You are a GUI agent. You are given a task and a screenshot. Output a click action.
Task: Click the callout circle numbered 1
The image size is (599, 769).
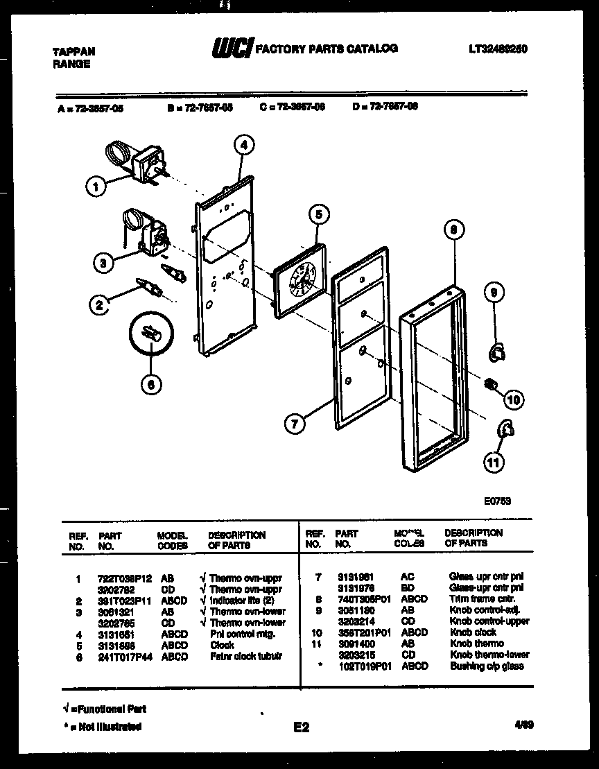(x=96, y=186)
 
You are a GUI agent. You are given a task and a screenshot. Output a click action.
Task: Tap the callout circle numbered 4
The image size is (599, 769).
(x=243, y=145)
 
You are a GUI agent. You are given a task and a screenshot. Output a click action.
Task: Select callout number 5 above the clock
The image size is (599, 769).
(x=318, y=214)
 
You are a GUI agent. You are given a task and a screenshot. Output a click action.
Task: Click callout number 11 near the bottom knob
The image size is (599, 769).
(x=494, y=464)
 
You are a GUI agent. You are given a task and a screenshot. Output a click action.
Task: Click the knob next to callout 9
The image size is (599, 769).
(x=497, y=354)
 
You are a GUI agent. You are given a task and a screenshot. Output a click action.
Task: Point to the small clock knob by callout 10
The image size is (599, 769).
(x=492, y=383)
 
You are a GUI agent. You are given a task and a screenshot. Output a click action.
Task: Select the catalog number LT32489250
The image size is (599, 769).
(x=498, y=49)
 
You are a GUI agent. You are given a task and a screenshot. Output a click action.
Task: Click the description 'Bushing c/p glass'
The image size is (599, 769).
(x=486, y=666)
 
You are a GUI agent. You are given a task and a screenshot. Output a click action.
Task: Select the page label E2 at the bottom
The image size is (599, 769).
(x=301, y=727)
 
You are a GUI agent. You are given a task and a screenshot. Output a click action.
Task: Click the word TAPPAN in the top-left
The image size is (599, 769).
(x=73, y=52)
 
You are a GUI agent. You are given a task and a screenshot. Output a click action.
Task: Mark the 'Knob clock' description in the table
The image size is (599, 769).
(x=474, y=632)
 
